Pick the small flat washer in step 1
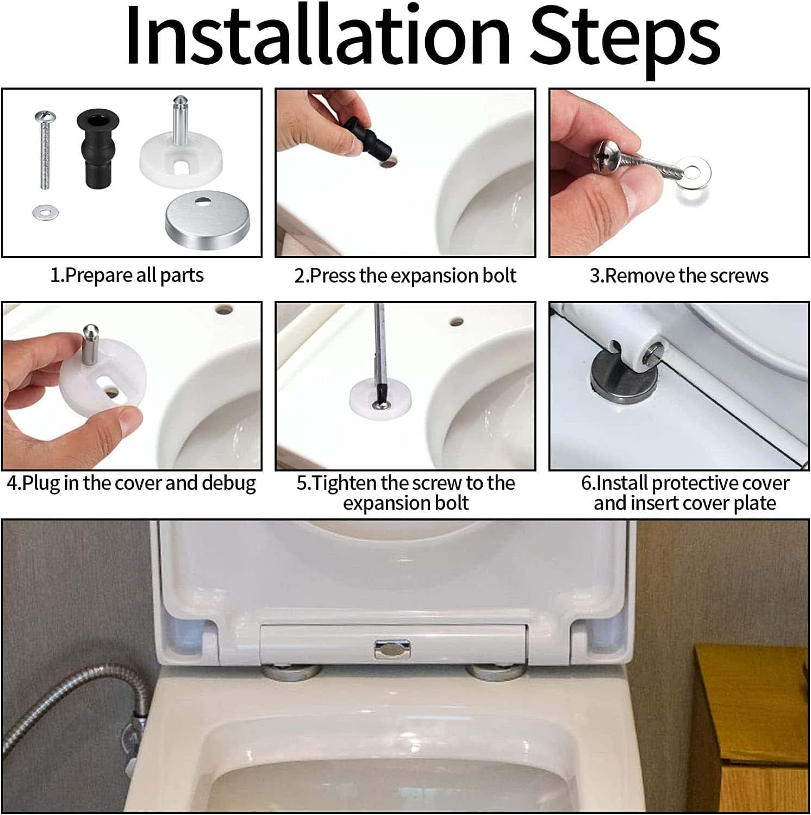coord(46,211)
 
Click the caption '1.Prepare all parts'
coord(127,275)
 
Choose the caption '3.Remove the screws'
coord(678,275)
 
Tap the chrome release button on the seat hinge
coord(392,648)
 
